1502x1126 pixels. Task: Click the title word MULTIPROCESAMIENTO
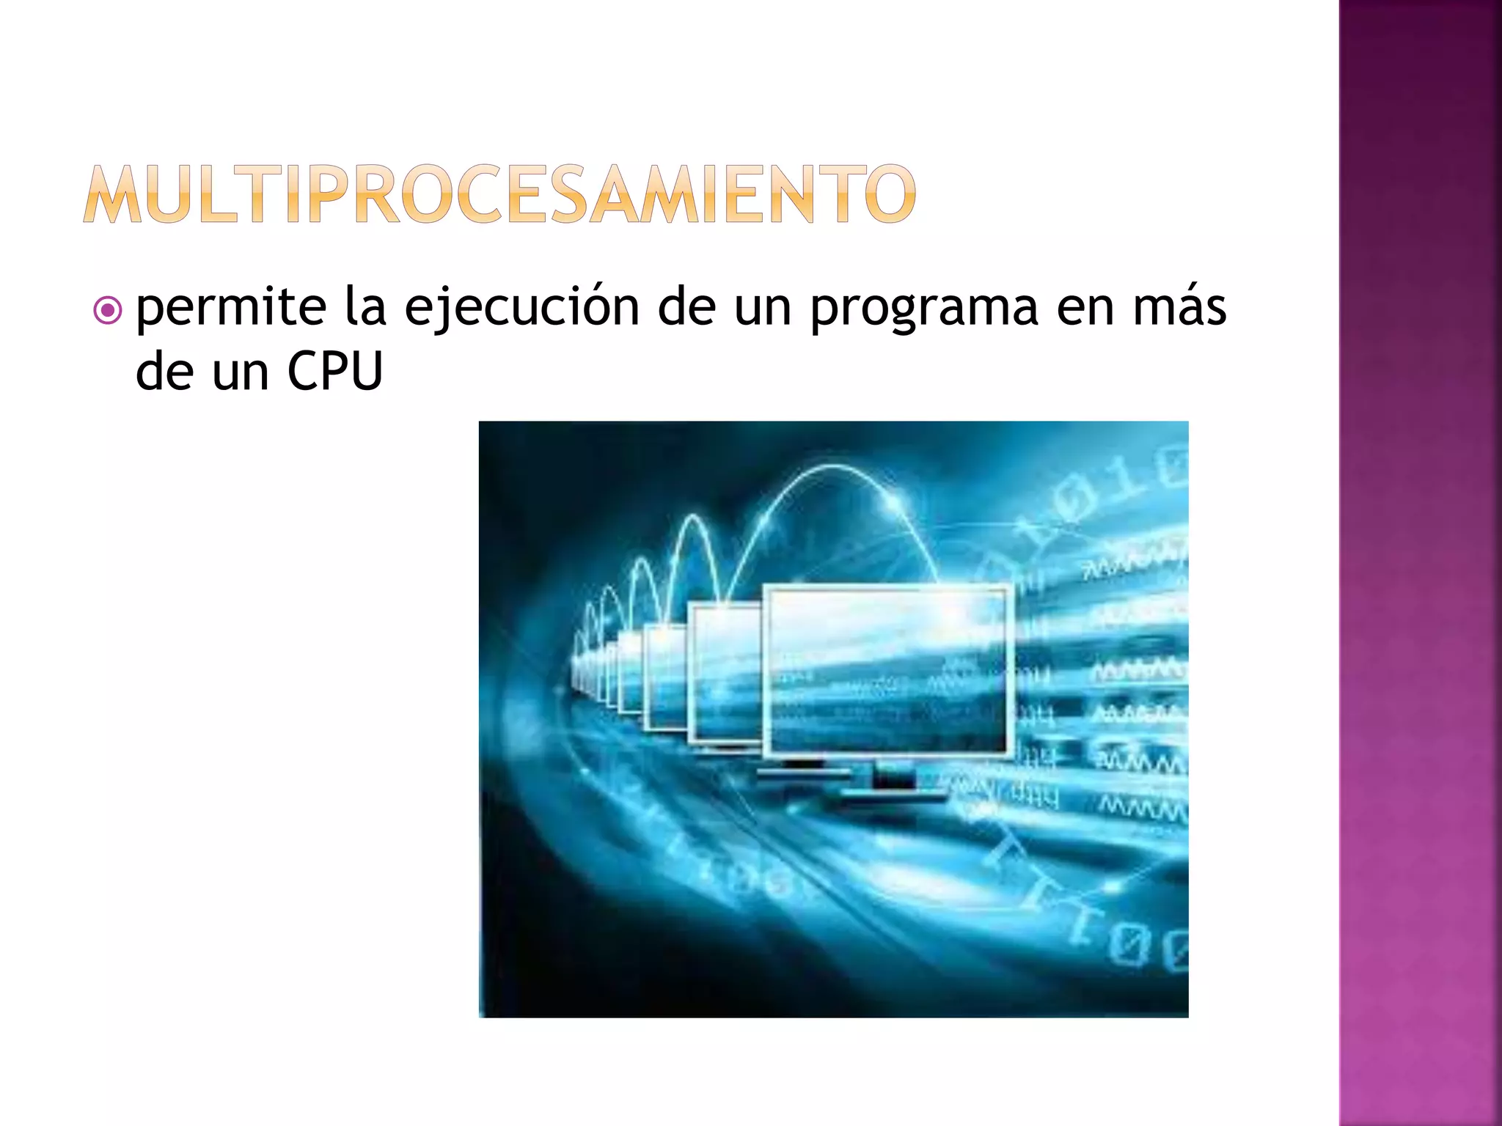point(499,194)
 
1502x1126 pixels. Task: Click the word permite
point(231,308)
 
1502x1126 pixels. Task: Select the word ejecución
point(521,308)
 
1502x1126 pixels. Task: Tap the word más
point(1179,308)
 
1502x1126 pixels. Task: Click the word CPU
point(335,372)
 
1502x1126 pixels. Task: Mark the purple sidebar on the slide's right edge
point(1420,563)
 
